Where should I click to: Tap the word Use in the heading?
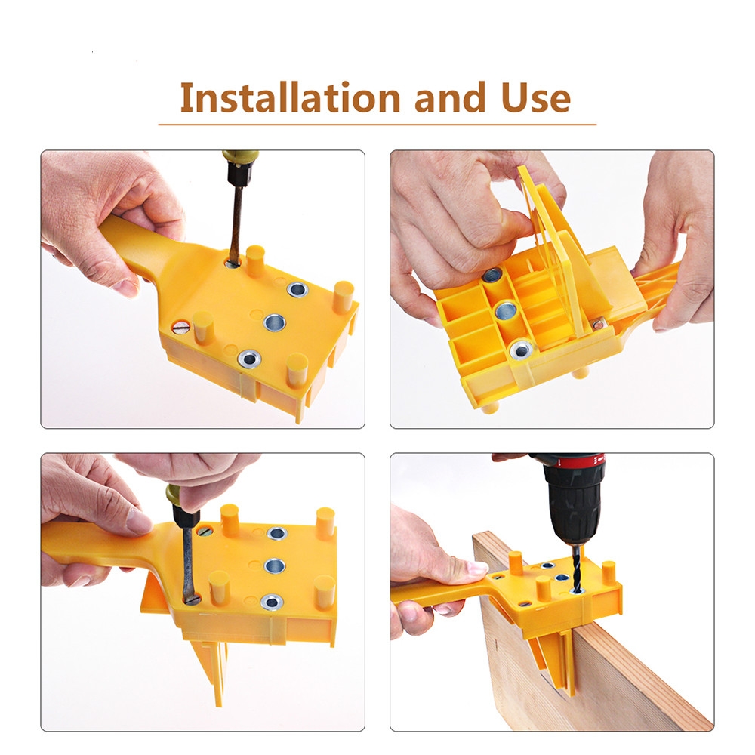535,97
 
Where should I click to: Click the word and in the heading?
450,97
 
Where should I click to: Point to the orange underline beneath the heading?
377,125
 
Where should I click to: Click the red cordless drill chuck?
574,501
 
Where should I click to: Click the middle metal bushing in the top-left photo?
275,322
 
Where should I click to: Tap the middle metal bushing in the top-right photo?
505,309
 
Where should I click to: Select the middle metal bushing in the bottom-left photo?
275,565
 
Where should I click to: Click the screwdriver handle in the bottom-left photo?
181,505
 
